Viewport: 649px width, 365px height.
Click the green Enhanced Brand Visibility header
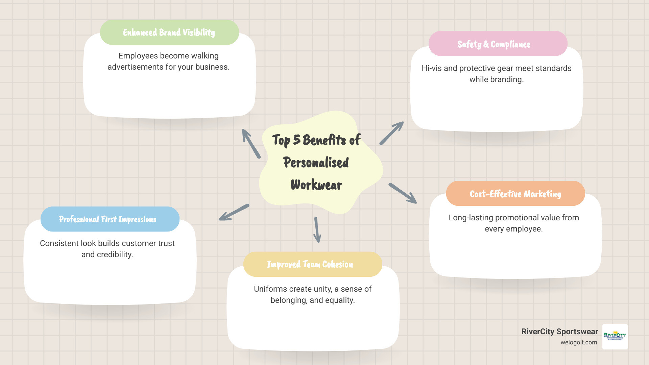(x=169, y=32)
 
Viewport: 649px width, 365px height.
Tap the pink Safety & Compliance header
(x=498, y=44)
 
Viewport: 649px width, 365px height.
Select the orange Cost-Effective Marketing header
(x=515, y=194)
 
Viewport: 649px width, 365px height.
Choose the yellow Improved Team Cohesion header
(x=312, y=264)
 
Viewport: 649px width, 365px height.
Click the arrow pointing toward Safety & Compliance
(x=391, y=133)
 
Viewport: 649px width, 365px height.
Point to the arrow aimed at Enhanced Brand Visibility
(x=251, y=144)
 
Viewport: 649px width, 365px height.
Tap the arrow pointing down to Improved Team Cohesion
(x=317, y=230)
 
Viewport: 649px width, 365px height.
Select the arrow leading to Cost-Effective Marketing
(x=403, y=193)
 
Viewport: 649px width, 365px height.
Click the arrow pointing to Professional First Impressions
(x=234, y=212)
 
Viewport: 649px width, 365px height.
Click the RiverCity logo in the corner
(x=615, y=337)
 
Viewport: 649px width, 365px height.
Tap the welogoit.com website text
(x=579, y=342)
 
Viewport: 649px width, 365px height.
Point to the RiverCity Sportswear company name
(x=559, y=332)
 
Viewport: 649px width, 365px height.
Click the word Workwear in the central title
(x=316, y=185)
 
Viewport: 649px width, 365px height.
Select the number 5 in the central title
(x=296, y=140)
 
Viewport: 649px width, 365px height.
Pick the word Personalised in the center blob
(x=316, y=163)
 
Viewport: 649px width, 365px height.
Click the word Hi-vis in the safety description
(x=431, y=68)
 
